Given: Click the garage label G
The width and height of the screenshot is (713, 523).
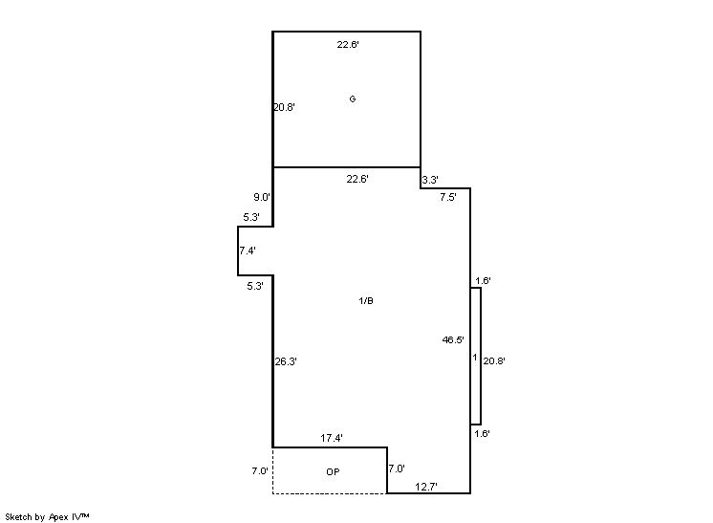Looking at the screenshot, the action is click(x=353, y=98).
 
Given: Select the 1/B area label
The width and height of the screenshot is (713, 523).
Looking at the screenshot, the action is click(x=366, y=300).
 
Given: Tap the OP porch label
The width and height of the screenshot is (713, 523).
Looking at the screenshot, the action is click(x=333, y=472).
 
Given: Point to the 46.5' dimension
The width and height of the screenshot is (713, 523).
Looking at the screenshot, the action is click(x=453, y=339).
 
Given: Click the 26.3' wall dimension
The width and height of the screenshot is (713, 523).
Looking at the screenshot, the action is click(x=286, y=361).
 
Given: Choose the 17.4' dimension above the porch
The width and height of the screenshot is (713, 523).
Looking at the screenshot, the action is click(x=332, y=438).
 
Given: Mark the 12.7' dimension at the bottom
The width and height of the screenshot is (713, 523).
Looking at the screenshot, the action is click(x=426, y=487).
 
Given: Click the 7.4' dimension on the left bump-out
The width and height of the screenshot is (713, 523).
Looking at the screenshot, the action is click(x=248, y=251).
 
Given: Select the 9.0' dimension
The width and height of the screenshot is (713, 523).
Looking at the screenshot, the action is click(x=262, y=197).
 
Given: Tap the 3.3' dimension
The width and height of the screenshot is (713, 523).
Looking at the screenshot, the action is click(x=430, y=180).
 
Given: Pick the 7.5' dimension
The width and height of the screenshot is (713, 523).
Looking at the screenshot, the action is click(x=448, y=197).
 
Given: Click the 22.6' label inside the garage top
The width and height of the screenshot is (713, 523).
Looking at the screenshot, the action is click(x=348, y=45).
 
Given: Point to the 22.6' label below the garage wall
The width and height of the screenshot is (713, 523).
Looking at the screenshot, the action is click(x=357, y=179).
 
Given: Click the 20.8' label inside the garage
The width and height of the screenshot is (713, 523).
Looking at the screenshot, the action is click(x=284, y=107).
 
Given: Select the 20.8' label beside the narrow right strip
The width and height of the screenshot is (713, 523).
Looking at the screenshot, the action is click(x=494, y=361).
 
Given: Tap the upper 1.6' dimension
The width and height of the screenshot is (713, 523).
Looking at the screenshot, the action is click(x=483, y=280).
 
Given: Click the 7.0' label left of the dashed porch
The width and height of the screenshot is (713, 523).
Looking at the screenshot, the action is click(x=260, y=471).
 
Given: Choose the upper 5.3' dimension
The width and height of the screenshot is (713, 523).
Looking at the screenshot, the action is click(x=251, y=217).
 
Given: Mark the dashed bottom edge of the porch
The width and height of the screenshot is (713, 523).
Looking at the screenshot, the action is click(x=330, y=493).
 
